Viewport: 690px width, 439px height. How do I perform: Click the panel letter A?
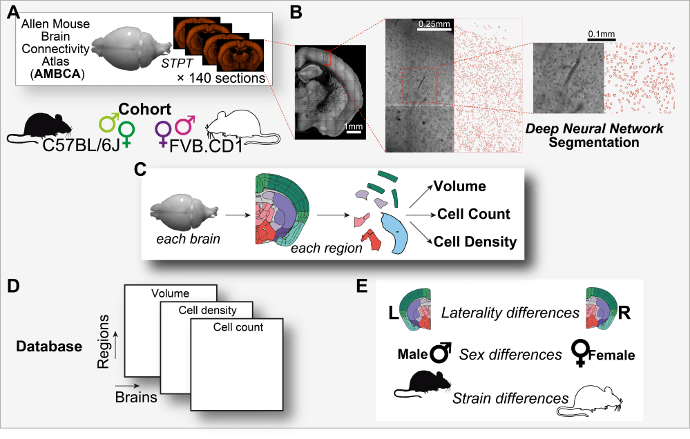13,12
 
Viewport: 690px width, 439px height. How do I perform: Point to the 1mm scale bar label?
354,127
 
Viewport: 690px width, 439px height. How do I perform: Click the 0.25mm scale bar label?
434,25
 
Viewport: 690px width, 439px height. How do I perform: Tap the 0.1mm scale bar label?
602,32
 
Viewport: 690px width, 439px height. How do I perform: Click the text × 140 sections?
221,79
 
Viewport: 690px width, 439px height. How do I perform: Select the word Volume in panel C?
459,186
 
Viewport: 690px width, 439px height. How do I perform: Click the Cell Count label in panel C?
474,214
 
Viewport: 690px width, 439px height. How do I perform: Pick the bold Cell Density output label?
476,242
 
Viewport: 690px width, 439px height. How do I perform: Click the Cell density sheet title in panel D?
207,310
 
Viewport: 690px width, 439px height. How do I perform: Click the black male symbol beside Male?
441,354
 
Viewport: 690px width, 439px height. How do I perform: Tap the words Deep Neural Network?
594,129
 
